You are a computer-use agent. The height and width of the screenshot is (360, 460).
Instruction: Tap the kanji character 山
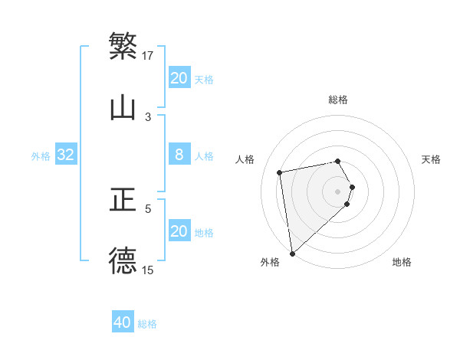pos(123,107)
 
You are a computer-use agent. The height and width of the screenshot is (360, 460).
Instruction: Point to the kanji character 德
pos(123,260)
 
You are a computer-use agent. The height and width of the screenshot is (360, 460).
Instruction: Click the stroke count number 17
pos(148,55)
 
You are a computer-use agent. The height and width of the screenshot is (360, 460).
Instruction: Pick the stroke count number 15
pos(148,270)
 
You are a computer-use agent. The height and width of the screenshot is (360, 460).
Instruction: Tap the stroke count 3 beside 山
pos(148,116)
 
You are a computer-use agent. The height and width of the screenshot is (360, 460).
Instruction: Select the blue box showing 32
pos(66,155)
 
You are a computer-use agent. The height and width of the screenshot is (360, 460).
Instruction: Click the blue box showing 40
pos(123,322)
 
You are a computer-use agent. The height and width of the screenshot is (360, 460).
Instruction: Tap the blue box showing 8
pos(179,155)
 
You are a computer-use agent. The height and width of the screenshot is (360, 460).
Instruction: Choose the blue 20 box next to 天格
pos(179,78)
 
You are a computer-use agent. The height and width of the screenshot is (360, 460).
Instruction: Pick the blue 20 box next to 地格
pos(179,231)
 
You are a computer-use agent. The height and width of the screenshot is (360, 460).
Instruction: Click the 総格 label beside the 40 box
pos(147,324)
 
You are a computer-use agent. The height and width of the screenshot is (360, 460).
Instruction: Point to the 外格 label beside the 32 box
pos(41,156)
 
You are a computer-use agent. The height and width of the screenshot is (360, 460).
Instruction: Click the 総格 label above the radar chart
pos(338,100)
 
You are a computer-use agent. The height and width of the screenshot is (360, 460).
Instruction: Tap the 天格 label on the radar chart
pos(432,159)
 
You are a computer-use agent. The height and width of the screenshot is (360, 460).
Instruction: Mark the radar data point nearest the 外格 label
pos(292,252)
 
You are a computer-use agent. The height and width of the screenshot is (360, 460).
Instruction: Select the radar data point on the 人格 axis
pos(280,172)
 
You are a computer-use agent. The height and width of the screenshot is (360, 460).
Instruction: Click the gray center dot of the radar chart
pos(338,191)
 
